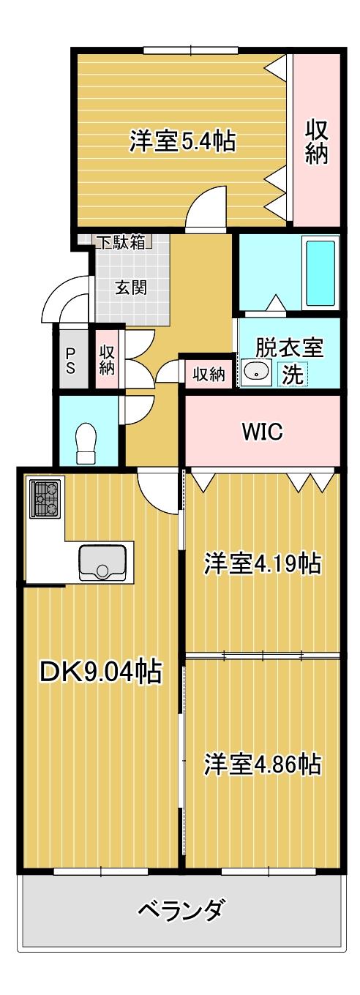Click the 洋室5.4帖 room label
click(182, 140)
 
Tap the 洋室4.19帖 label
click(262, 563)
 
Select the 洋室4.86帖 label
click(262, 764)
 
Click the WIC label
click(262, 431)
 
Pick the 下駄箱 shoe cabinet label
click(121, 243)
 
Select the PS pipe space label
click(70, 361)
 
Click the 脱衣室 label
click(289, 348)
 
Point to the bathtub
click(320, 272)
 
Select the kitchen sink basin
click(102, 561)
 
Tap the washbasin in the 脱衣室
click(257, 371)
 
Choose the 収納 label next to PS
click(107, 360)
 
